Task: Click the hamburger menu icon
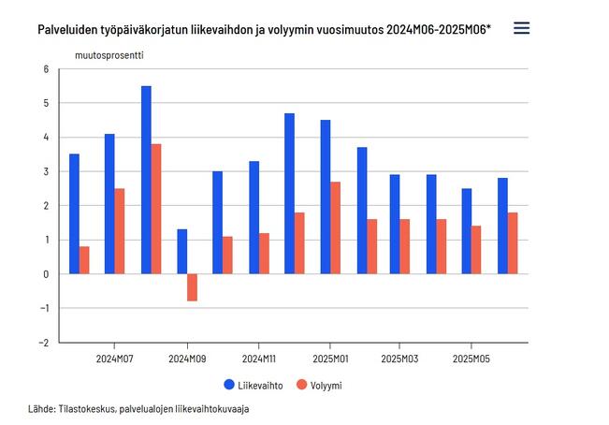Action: pos(522,28)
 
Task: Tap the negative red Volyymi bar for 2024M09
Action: pos(192,287)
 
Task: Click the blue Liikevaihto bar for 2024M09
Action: pos(181,252)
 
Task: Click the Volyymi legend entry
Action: pos(317,384)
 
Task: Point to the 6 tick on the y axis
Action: pos(45,69)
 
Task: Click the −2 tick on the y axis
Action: pos(42,343)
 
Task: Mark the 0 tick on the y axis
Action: pos(45,274)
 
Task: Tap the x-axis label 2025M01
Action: pos(329,359)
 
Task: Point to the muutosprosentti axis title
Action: pos(109,53)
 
